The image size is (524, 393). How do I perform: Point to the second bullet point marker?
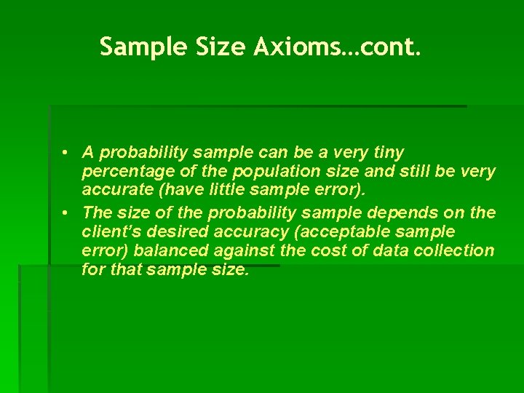(65, 213)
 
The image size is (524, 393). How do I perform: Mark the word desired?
(170, 232)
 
